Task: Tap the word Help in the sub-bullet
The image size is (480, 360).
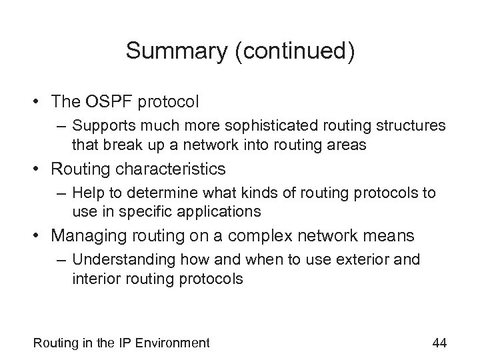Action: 85,193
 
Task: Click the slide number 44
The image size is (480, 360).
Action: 439,343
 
